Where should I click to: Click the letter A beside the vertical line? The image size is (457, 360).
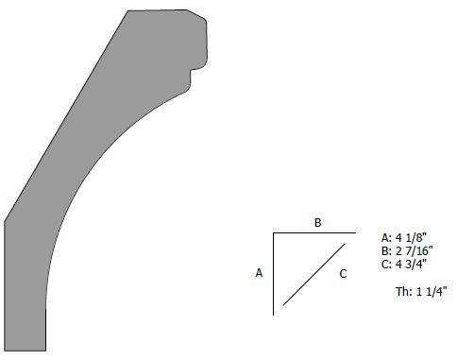(x=259, y=273)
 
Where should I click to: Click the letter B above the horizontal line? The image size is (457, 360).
(x=318, y=223)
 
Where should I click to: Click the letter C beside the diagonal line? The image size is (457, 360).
(x=343, y=274)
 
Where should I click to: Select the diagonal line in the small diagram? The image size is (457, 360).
(x=314, y=274)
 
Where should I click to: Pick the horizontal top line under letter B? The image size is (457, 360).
(x=314, y=232)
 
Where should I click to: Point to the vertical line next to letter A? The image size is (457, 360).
(x=273, y=274)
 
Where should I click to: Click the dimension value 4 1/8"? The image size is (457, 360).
(x=411, y=237)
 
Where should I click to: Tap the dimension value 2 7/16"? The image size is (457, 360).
(x=414, y=250)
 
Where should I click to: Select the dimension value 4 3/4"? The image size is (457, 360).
(x=411, y=264)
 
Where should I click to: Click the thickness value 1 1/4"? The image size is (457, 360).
(x=432, y=292)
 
